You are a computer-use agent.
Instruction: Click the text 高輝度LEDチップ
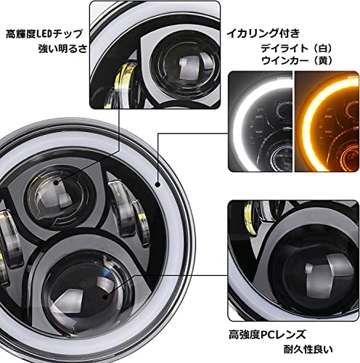click(44, 34)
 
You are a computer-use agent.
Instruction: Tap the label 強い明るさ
click(62, 49)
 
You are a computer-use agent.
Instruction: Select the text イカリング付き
click(263, 33)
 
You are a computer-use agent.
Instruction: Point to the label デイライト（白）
click(297, 49)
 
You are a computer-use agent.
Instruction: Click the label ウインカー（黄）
click(297, 60)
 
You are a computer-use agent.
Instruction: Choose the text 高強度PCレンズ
click(267, 335)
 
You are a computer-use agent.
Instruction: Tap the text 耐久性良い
click(308, 349)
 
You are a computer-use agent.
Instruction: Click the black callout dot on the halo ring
click(158, 184)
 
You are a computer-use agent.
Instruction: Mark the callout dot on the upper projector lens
click(56, 182)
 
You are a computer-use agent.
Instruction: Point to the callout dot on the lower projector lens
click(105, 296)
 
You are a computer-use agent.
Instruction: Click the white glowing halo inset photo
click(261, 121)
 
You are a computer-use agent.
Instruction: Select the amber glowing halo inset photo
click(327, 121)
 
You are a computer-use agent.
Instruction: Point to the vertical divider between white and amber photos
click(293, 121)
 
